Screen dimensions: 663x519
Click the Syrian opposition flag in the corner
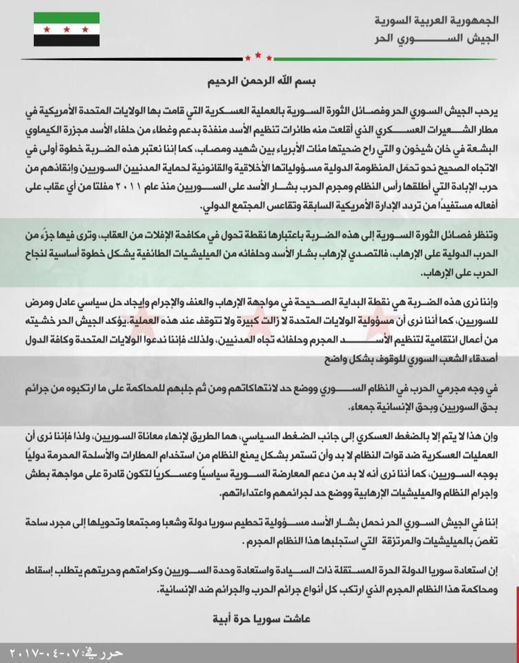pyautogui.click(x=66, y=30)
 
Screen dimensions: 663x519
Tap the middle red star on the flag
pyautogui.click(x=66, y=30)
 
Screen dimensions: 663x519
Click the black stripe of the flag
pyautogui.click(x=66, y=41)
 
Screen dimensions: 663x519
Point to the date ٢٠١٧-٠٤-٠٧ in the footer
pyautogui.click(x=51, y=652)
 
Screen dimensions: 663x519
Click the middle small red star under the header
pyautogui.click(x=259, y=55)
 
